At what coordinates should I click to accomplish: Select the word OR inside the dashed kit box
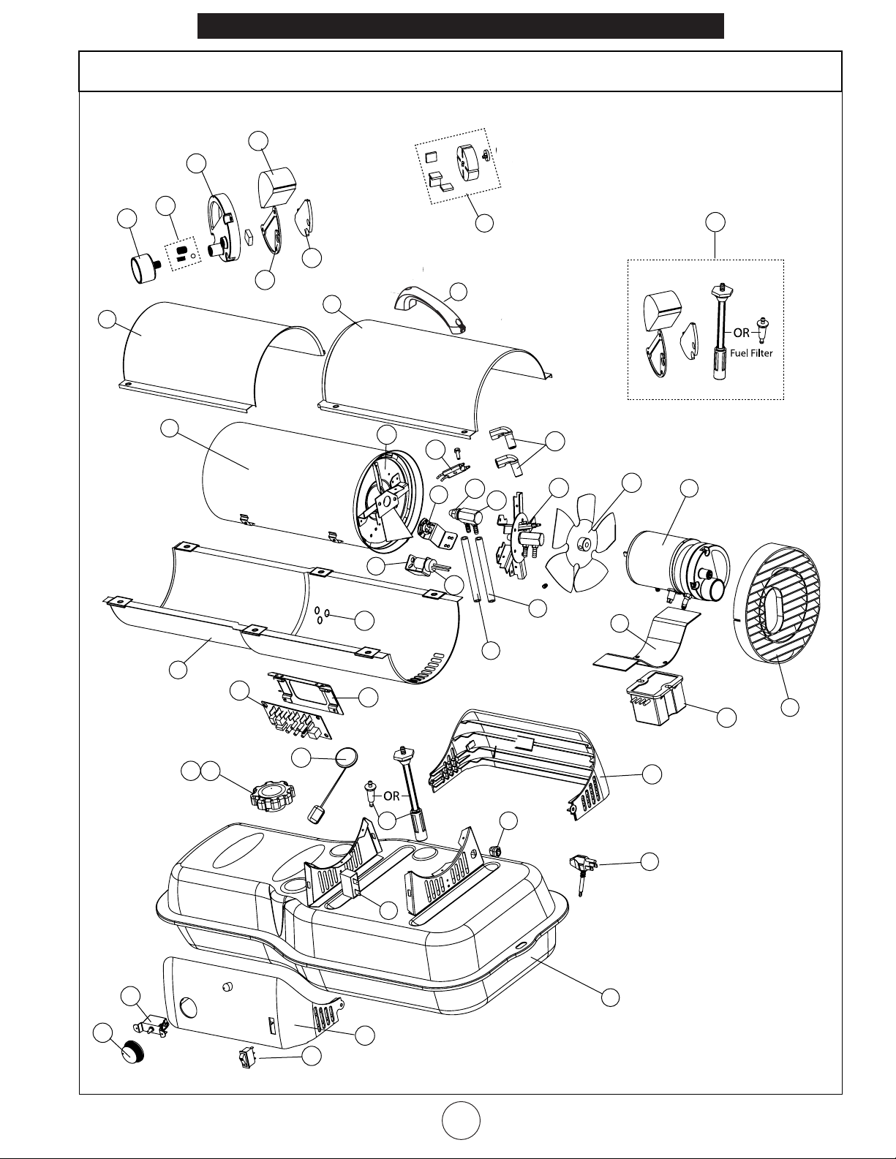click(742, 333)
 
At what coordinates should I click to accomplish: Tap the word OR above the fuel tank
click(392, 796)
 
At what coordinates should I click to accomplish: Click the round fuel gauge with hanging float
click(347, 758)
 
